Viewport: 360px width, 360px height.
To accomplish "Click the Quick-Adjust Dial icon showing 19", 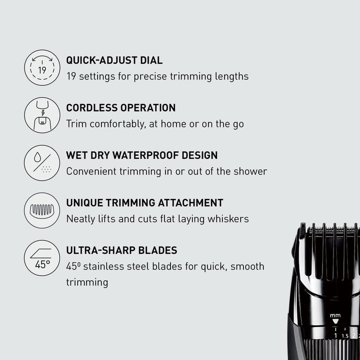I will click(x=42, y=67).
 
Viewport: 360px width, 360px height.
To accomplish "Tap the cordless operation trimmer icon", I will click(x=42, y=115).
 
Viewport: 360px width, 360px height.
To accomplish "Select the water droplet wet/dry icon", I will click(x=42, y=162).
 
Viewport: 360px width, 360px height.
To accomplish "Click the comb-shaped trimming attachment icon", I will click(x=42, y=210).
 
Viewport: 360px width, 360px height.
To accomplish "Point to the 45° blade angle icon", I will click(x=42, y=257).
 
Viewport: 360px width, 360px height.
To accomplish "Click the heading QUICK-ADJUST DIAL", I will click(x=114, y=60).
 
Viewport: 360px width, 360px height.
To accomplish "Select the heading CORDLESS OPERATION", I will click(x=120, y=108).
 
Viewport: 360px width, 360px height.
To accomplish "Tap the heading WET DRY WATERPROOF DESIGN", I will click(x=141, y=155).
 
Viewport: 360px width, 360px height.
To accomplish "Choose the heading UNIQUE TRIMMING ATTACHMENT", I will click(x=144, y=203).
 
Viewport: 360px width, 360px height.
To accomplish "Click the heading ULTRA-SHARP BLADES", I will click(x=121, y=250).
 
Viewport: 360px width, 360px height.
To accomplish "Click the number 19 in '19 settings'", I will click(x=71, y=76).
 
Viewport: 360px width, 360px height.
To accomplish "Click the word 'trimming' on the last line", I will click(x=87, y=282).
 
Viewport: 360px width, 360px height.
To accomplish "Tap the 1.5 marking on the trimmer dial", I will click(x=344, y=336).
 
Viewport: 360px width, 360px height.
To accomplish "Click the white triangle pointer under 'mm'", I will click(x=335, y=321).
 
